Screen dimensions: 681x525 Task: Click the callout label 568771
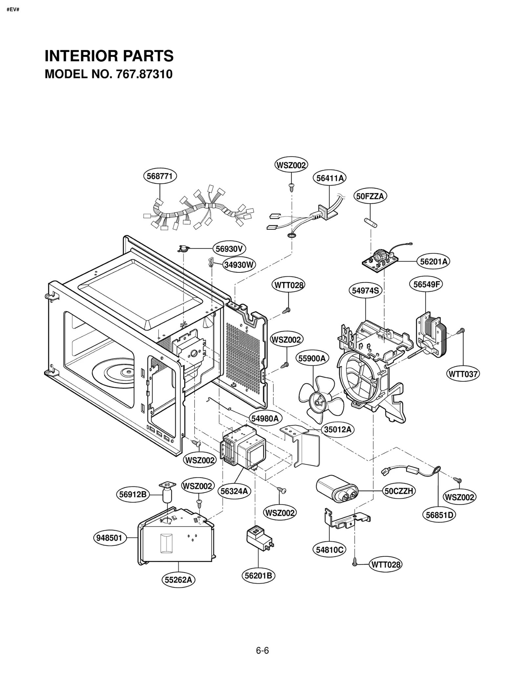pos(160,176)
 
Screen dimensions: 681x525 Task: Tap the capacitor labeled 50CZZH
pos(336,489)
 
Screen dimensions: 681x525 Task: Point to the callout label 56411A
pos(330,178)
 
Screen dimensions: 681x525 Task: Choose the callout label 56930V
pos(229,249)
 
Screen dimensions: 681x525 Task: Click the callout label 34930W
pos(239,264)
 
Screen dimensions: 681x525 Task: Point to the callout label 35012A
pos(338,429)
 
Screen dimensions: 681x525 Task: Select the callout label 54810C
pos(329,550)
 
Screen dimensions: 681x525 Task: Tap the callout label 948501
pos(109,538)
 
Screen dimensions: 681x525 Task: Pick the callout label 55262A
pos(178,580)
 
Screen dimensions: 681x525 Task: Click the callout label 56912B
pos(133,494)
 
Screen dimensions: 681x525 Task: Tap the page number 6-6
pos(262,650)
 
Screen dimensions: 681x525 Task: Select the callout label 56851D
pos(439,515)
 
